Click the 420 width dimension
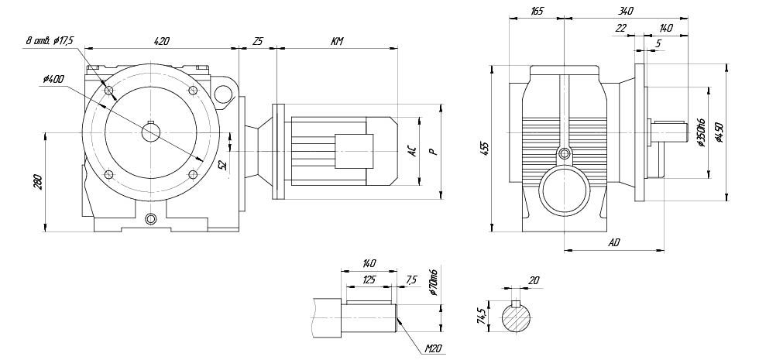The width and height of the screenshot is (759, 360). [162, 40]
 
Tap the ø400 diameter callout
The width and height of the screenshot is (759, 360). [56, 78]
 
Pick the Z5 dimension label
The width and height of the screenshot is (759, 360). [258, 40]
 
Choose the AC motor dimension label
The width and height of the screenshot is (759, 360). [413, 152]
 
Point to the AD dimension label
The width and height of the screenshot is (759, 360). [614, 242]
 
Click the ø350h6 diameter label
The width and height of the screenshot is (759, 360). [700, 132]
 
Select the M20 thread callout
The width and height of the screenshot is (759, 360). [432, 349]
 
